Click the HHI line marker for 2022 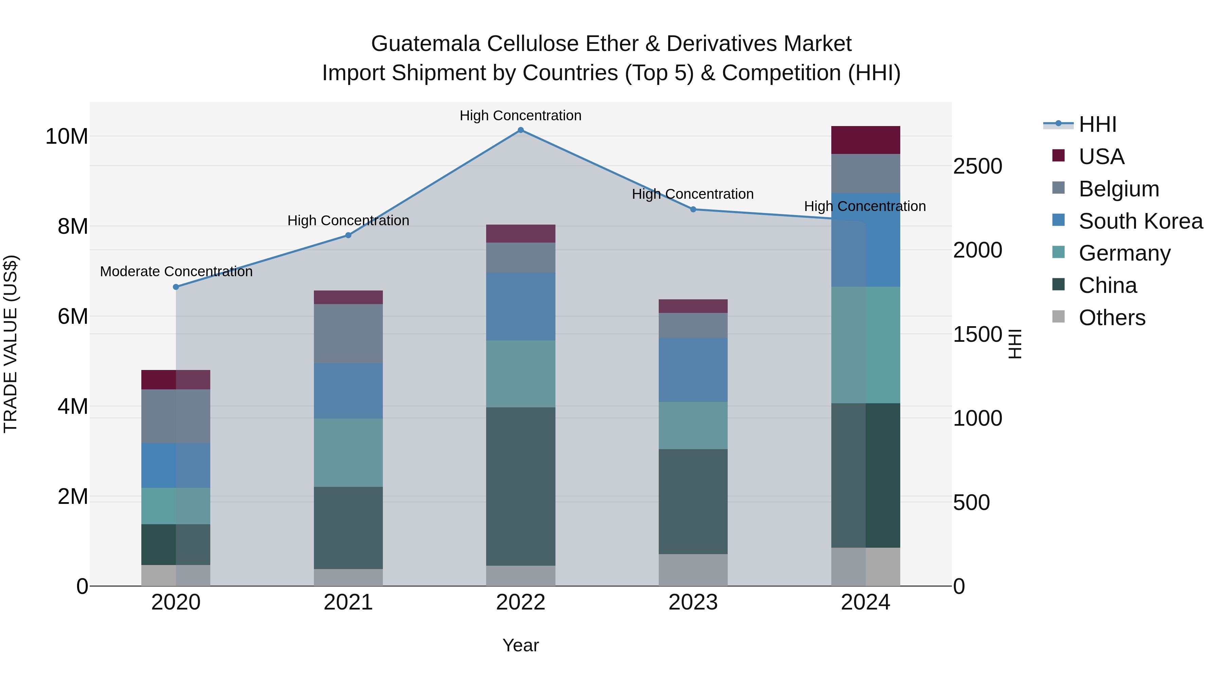(520, 130)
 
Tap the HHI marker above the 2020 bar (176, 287)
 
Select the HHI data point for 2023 (693, 209)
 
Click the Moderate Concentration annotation (176, 271)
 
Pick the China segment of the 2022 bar (520, 486)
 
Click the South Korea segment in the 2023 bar (693, 370)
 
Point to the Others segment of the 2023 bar (693, 570)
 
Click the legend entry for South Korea (1140, 221)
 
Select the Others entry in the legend (1112, 318)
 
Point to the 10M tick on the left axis (67, 137)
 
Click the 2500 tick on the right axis (977, 167)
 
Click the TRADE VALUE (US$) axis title (11, 344)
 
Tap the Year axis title (520, 645)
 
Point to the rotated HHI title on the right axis (1014, 344)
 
